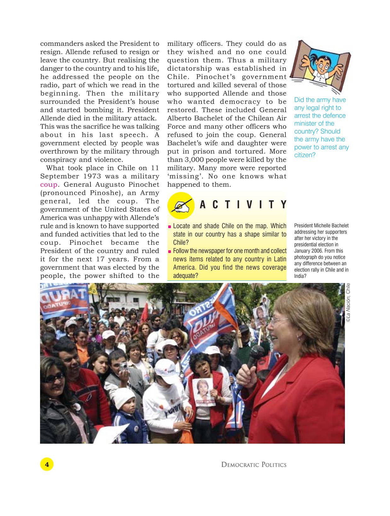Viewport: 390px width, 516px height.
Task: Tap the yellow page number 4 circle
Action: [47, 464]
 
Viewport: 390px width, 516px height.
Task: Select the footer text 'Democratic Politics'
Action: [253, 465]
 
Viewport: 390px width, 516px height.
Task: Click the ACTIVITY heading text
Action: [243, 205]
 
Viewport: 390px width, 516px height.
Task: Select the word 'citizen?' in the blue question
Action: [305, 155]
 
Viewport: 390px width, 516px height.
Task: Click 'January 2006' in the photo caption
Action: [309, 251]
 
